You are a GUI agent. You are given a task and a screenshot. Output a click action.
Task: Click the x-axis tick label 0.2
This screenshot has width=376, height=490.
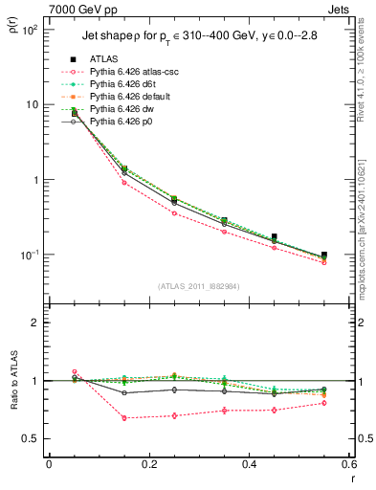tap(148, 464)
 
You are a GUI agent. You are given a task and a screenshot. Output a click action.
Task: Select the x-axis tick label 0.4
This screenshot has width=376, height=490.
tap(249, 464)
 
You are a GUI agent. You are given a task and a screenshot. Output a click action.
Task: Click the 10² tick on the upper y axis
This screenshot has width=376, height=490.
tap(32, 30)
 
